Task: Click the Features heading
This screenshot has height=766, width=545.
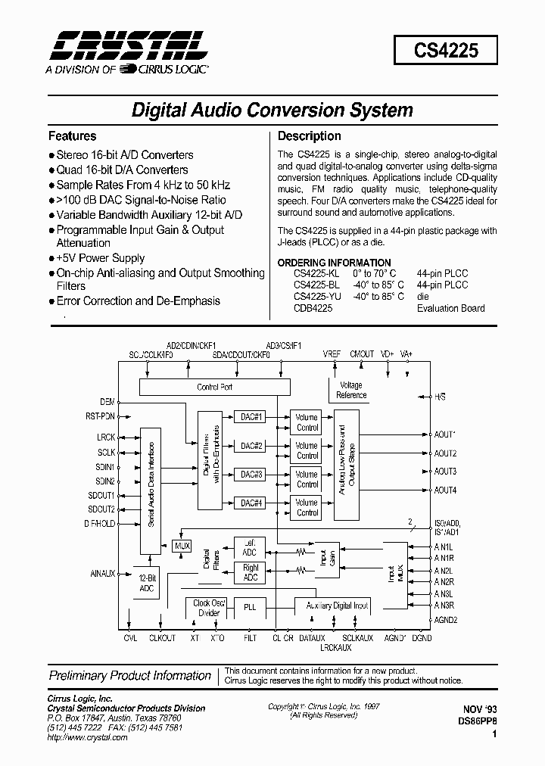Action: pos(72,136)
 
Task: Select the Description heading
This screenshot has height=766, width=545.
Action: pos(309,136)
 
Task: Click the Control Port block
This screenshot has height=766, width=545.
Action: pos(214,387)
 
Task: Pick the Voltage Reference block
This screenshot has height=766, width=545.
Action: pos(350,391)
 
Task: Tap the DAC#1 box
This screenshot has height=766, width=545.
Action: pos(251,417)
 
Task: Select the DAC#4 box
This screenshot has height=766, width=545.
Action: pos(251,503)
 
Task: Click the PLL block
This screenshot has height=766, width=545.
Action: pos(250,606)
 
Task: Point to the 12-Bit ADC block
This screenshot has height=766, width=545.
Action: pos(147,582)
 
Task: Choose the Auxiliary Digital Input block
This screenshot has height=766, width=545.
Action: pos(337,606)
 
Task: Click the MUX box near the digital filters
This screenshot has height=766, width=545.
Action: pos(182,546)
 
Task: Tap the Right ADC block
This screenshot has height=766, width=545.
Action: pos(250,572)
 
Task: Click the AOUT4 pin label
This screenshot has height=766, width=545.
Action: pos(446,490)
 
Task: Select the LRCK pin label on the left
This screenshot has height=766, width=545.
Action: pos(106,437)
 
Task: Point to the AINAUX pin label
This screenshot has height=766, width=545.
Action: pos(102,574)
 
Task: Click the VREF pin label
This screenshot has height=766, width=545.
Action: pos(332,353)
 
